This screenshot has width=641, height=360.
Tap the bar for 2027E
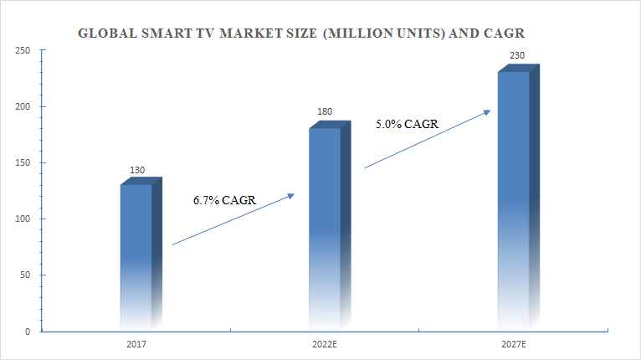tap(513, 201)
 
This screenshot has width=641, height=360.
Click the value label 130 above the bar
tap(137, 171)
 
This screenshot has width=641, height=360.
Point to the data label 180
tap(326, 114)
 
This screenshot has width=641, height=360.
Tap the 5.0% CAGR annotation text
tap(408, 124)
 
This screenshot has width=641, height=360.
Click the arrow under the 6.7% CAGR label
tap(233, 219)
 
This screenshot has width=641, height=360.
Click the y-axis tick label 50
tap(26, 275)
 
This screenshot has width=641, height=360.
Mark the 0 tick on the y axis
tap(28, 332)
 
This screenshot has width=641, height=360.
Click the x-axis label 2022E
tap(324, 344)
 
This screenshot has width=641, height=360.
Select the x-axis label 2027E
tap(512, 344)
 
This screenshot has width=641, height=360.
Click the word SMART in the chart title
tap(157, 34)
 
